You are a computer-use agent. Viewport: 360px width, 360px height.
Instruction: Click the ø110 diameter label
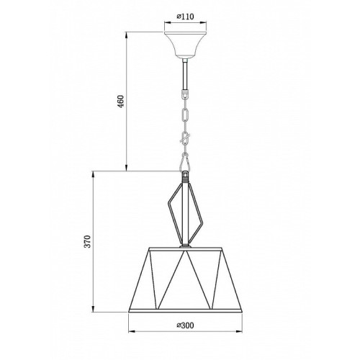click(x=185, y=17)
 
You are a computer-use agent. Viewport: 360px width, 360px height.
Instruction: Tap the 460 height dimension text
click(x=121, y=102)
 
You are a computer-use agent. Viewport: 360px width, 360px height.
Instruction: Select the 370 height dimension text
click(x=88, y=241)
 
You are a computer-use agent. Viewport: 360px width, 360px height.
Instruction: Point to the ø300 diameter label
click(x=185, y=325)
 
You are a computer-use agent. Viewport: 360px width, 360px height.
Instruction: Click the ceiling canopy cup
click(x=185, y=45)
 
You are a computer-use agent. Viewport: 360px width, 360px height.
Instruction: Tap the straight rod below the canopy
click(x=185, y=76)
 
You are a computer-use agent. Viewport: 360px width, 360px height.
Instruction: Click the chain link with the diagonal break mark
click(x=185, y=138)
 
